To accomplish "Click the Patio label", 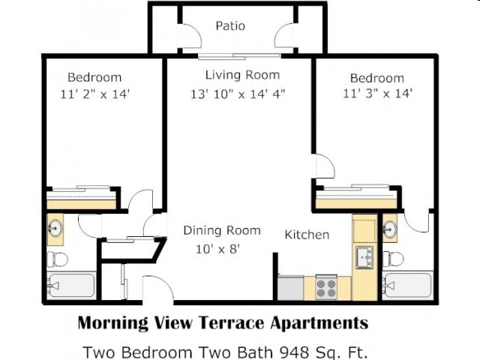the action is click(230, 25).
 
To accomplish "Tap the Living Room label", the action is click(242, 75).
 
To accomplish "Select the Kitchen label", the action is click(307, 235).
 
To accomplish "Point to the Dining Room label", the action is click(222, 230).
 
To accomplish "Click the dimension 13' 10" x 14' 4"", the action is click(238, 94).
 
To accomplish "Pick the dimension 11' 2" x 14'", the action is click(95, 94).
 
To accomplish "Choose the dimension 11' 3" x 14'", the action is click(377, 93).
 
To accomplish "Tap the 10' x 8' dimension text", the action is click(217, 249).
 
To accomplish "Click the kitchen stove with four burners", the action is click(326, 287).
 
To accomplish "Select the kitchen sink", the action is click(364, 257).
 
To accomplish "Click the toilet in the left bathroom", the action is click(58, 259).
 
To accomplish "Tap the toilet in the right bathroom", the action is click(393, 259).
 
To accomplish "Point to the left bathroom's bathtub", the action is click(71, 286).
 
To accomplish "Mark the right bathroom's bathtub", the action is click(408, 285).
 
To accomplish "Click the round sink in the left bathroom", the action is click(55, 228).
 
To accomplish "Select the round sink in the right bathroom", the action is click(390, 229).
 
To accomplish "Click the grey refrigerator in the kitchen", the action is click(290, 288).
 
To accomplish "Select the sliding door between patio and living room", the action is click(239, 56).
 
